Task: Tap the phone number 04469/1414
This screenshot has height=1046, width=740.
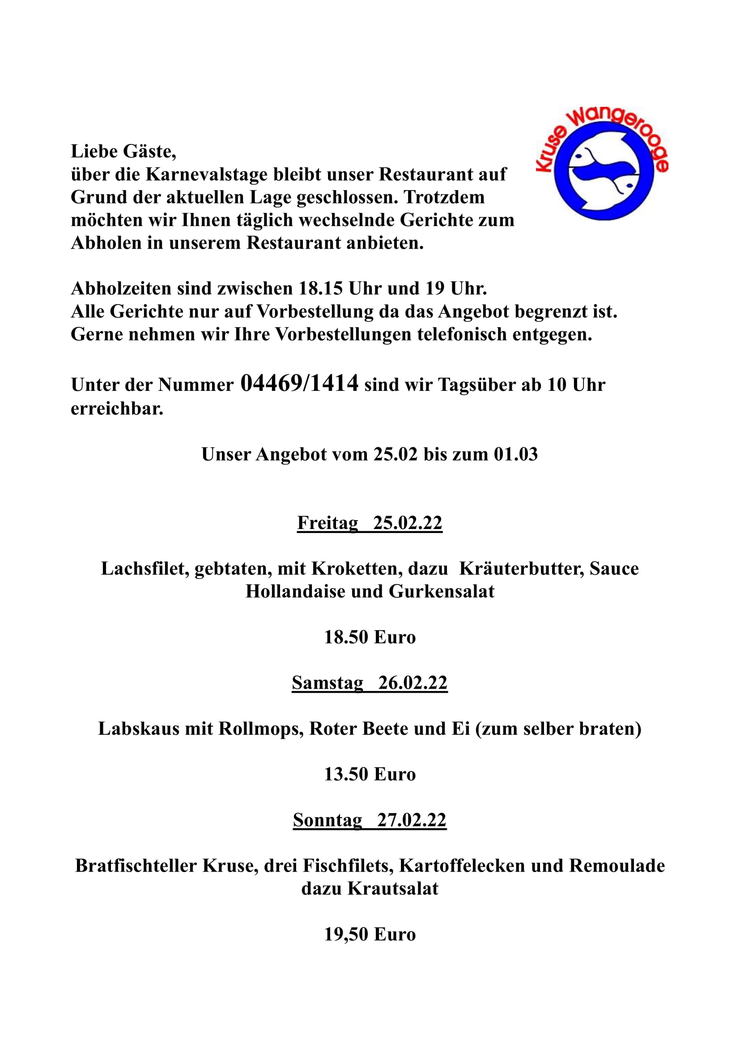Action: [299, 383]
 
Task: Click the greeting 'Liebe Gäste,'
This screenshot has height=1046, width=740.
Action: [123, 151]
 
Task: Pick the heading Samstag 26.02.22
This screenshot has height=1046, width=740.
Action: [370, 682]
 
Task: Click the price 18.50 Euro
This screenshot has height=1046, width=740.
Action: [370, 637]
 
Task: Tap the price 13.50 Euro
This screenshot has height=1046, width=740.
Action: [370, 774]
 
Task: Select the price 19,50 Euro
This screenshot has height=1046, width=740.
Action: [370, 934]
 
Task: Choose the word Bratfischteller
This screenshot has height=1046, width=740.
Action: [136, 866]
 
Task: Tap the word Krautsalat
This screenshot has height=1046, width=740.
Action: [393, 889]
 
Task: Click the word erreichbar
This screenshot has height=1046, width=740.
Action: [117, 409]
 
